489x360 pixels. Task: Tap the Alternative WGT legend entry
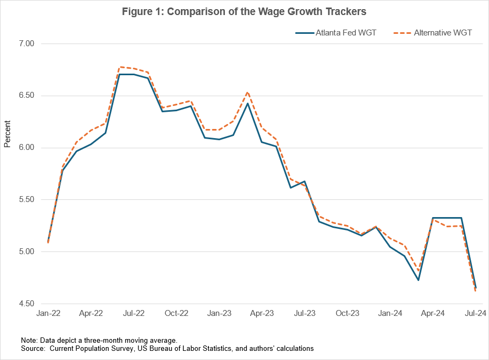tap(442, 33)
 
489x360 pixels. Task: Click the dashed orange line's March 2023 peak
tap(247, 92)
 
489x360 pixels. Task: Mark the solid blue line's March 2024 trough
tap(418, 280)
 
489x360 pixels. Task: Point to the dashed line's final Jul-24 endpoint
tap(476, 291)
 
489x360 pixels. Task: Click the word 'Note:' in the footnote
tap(30, 340)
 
